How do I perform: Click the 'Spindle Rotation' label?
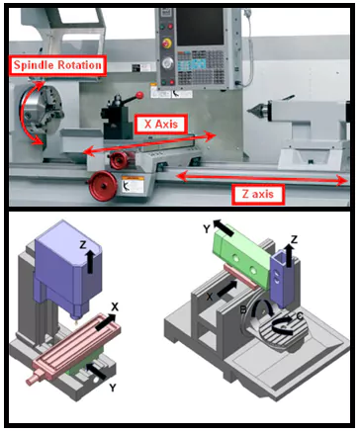tap(56, 66)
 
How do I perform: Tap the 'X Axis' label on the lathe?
tap(161, 125)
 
